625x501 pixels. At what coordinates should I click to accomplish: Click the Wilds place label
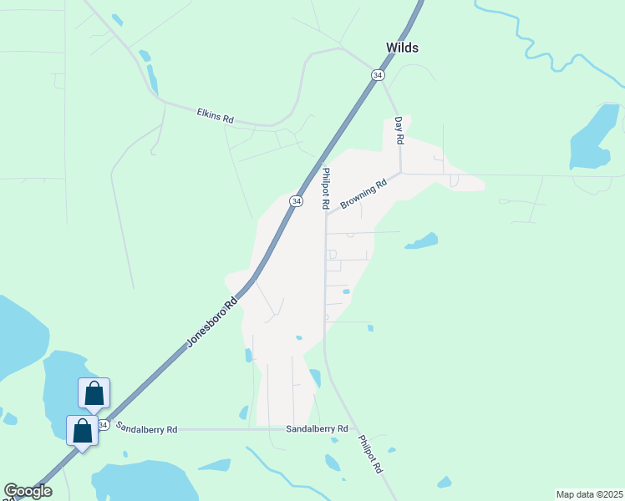(x=402, y=48)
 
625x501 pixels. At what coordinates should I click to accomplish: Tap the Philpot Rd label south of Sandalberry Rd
(x=369, y=454)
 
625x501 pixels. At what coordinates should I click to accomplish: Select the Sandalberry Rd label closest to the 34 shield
(x=146, y=429)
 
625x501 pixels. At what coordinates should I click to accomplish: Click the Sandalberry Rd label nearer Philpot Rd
(x=317, y=428)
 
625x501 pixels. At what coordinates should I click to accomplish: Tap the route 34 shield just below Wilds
(x=379, y=75)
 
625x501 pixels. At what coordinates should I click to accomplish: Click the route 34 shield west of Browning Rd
(x=296, y=201)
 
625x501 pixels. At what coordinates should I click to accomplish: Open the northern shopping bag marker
(x=94, y=392)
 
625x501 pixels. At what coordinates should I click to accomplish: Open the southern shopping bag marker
(x=82, y=430)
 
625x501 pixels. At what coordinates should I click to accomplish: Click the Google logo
(x=28, y=491)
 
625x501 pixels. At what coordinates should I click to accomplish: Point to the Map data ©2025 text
(x=589, y=494)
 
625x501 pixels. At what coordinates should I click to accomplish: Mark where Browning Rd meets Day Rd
(x=401, y=173)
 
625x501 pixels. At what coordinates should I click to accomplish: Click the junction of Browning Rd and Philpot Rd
(x=326, y=214)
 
